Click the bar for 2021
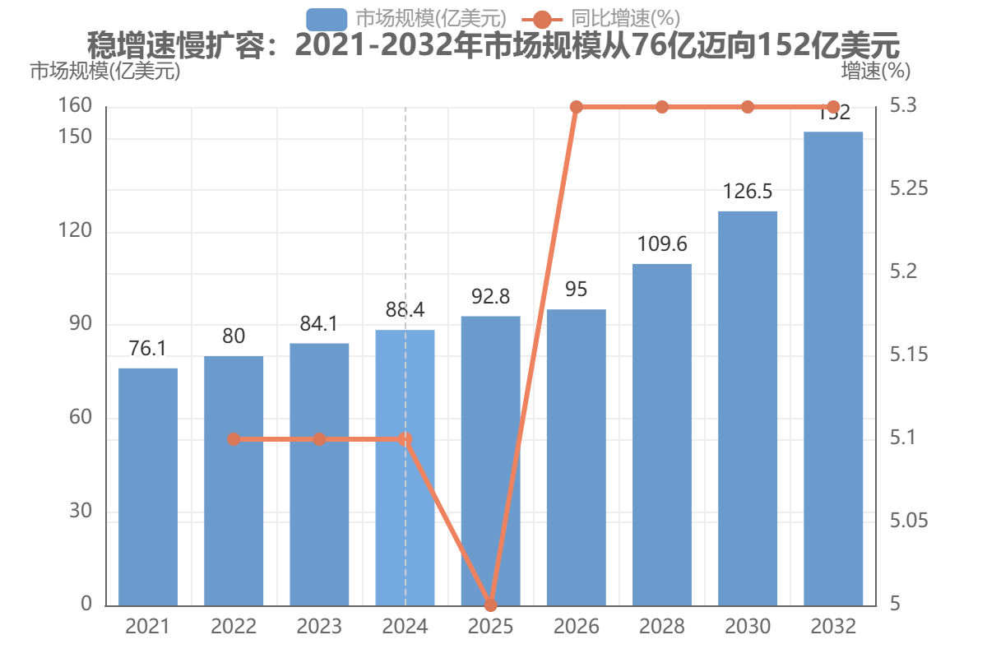click(148, 487)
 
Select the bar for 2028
click(662, 435)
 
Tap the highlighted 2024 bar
click(405, 468)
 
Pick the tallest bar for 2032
click(833, 368)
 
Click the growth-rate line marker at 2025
click(490, 605)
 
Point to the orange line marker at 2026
click(577, 107)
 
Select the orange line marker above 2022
click(234, 439)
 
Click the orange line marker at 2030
click(748, 107)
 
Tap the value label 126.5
click(748, 192)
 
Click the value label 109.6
click(662, 244)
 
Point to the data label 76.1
click(148, 349)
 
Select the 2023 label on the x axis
click(319, 627)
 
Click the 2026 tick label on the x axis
click(577, 627)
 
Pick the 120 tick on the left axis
click(75, 230)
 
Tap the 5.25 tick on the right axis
click(909, 188)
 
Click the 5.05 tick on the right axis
click(909, 521)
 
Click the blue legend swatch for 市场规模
click(327, 20)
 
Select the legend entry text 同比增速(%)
click(626, 19)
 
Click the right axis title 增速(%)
click(875, 71)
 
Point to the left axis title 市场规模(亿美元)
click(105, 71)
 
